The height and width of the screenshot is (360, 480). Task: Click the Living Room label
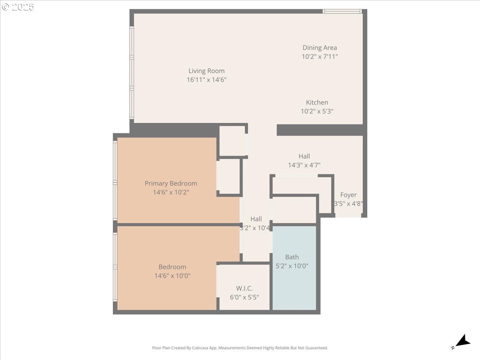pyautogui.click(x=206, y=71)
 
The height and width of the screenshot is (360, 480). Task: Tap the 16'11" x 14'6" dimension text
pyautogui.click(x=206, y=80)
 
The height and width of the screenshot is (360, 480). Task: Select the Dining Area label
pyautogui.click(x=320, y=48)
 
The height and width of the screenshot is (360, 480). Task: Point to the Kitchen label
pyautogui.click(x=317, y=102)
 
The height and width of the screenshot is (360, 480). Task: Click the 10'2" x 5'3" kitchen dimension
pyautogui.click(x=317, y=111)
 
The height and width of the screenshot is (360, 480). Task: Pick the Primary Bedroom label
pyautogui.click(x=171, y=184)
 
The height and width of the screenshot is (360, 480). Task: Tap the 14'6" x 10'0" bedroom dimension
pyautogui.click(x=172, y=276)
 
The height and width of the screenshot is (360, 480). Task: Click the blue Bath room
pyautogui.click(x=294, y=280)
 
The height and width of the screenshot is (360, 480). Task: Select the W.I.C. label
pyautogui.click(x=244, y=288)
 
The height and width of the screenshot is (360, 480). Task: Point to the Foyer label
pyautogui.click(x=348, y=195)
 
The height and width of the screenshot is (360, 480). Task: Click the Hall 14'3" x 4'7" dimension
pyautogui.click(x=304, y=165)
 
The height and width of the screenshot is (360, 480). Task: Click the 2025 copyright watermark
pyautogui.click(x=18, y=7)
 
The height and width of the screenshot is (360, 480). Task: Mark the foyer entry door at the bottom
pyautogui.click(x=348, y=216)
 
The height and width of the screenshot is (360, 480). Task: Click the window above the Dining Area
pyautogui.click(x=342, y=11)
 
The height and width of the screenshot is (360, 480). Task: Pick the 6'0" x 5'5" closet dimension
pyautogui.click(x=244, y=297)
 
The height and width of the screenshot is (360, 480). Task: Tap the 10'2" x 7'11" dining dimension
pyautogui.click(x=320, y=57)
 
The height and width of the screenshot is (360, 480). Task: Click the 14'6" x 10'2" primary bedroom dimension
pyautogui.click(x=171, y=192)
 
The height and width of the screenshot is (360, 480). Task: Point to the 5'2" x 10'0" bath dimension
pyautogui.click(x=292, y=266)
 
